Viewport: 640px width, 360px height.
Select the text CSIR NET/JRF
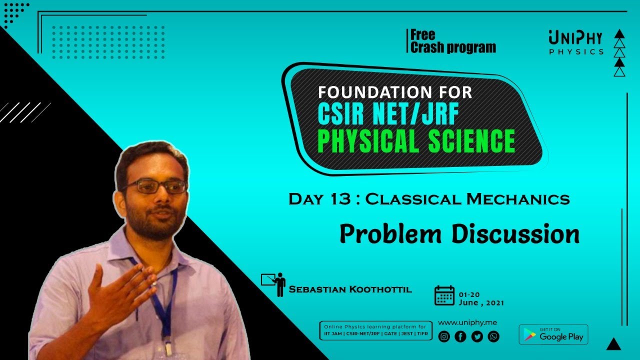tap(388, 114)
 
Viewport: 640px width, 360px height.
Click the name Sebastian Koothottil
tap(350, 289)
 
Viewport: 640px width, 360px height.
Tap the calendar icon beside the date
tap(444, 295)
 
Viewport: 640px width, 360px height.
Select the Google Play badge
tap(553, 335)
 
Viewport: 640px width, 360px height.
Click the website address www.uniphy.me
tap(467, 322)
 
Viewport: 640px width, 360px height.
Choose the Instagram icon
tap(444, 336)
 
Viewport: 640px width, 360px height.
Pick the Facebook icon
tap(460, 336)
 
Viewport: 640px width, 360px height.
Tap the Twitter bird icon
tap(477, 336)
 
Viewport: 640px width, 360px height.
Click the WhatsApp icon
tap(493, 336)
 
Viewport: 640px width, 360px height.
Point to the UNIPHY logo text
tap(575, 38)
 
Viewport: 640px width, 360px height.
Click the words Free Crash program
tap(452, 41)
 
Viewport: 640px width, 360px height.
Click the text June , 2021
tap(481, 303)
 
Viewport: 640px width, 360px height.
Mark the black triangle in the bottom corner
tap(613, 344)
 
